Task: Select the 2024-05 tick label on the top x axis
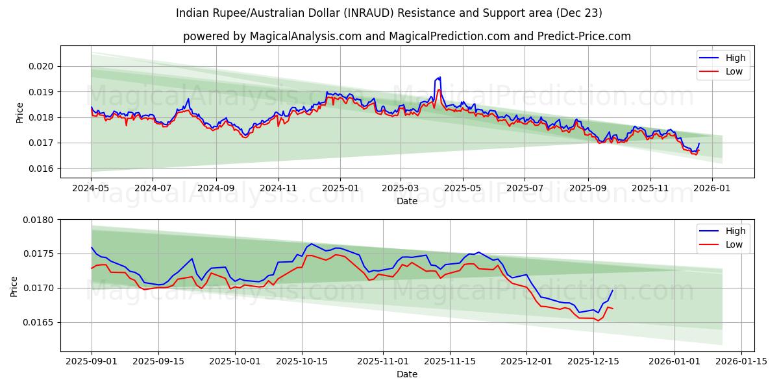tap(91, 187)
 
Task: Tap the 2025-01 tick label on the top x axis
tap(340, 187)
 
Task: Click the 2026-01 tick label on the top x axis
tap(712, 187)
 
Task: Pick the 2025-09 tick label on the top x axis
tap(587, 187)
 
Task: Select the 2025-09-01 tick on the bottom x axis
tap(92, 360)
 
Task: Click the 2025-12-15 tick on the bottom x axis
tap(593, 360)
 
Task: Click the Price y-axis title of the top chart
tap(19, 113)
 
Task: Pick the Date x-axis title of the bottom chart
tap(407, 374)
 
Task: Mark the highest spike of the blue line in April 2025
tap(440, 77)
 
